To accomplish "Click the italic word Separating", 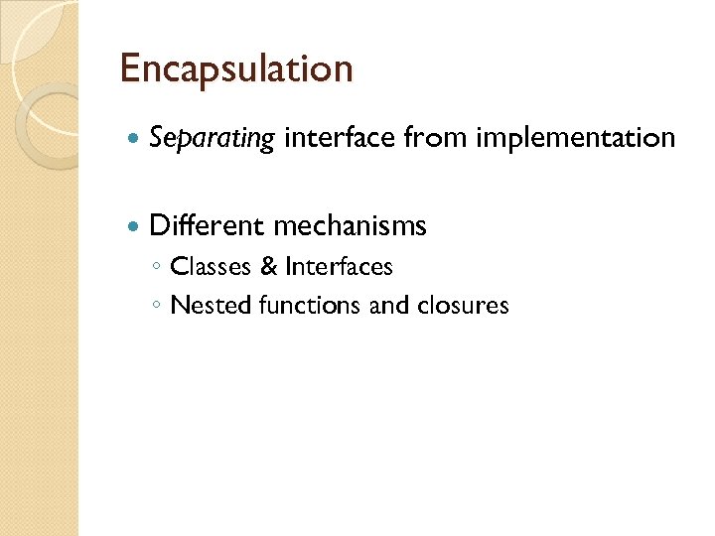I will coord(211,138).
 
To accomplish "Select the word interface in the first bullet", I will coord(339,137).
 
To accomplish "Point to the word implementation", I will coord(575,138).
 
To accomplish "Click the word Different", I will coord(206,225).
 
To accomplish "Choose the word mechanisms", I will coord(349,225).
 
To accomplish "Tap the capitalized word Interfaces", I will coord(339,267).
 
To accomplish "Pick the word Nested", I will coord(211,305).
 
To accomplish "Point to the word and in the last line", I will coord(388,305).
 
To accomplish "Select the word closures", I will coord(462,305).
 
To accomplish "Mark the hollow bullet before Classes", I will coord(157,268).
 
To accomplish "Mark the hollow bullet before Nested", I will coord(157,306).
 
